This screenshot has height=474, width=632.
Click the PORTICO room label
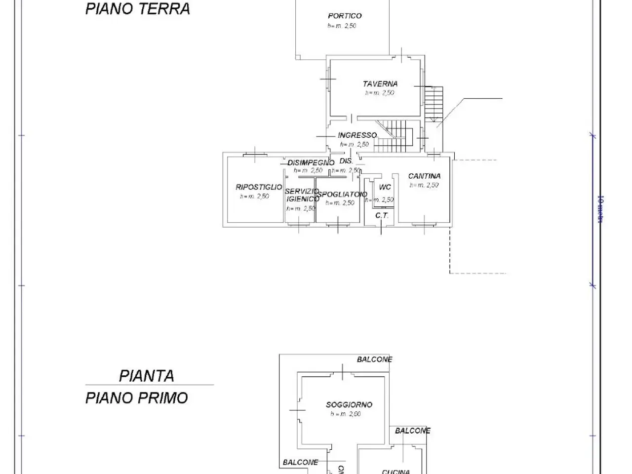(345, 16)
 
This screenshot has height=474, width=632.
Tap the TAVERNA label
(380, 84)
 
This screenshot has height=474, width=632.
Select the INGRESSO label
(357, 135)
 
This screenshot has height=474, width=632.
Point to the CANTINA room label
(424, 176)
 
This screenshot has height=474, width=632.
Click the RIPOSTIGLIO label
(259, 187)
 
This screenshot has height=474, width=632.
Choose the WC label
(385, 187)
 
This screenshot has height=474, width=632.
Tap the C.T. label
(382, 216)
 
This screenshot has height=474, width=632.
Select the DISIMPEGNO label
(311, 162)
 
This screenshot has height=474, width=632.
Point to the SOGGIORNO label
(349, 405)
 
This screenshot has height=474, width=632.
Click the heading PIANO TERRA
(137, 9)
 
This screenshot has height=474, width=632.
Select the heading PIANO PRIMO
(136, 398)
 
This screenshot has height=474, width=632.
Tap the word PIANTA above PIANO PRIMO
(147, 376)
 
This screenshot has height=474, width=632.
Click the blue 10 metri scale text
(600, 209)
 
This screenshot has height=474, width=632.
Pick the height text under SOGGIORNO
(346, 414)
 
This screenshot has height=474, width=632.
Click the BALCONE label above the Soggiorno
(374, 359)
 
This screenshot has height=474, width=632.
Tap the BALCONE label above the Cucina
(412, 431)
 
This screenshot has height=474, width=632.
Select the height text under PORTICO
(342, 26)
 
